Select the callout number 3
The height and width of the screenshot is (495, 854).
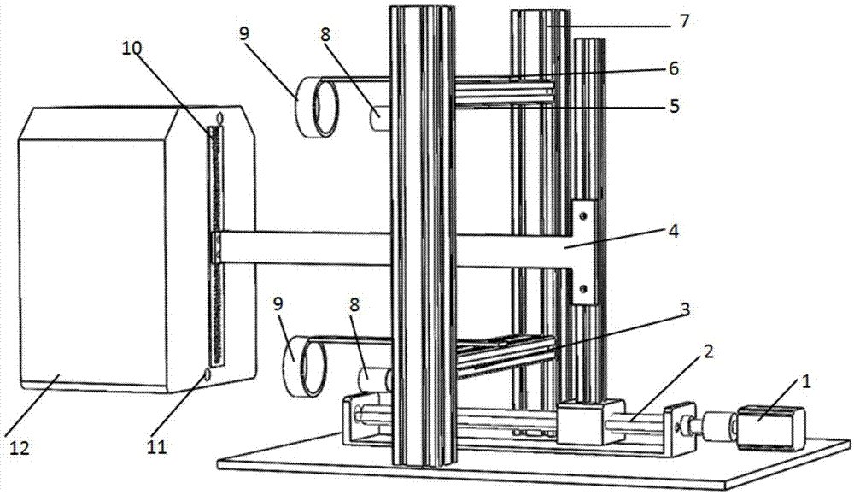pyautogui.click(x=685, y=309)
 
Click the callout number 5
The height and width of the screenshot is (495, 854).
pyautogui.click(x=675, y=105)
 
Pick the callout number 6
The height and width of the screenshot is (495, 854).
pyautogui.click(x=674, y=68)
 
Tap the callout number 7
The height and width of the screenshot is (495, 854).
pyautogui.click(x=685, y=21)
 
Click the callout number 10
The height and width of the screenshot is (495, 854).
pyautogui.click(x=132, y=48)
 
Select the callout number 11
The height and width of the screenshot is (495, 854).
pyautogui.click(x=157, y=447)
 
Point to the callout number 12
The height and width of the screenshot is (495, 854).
pyautogui.click(x=18, y=448)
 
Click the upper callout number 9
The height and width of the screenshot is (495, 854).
pyautogui.click(x=243, y=33)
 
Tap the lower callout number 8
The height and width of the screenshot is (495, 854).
pyautogui.click(x=354, y=304)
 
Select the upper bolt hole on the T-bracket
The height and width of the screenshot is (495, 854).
pyautogui.click(x=582, y=216)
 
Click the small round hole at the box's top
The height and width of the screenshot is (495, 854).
pyautogui.click(x=219, y=118)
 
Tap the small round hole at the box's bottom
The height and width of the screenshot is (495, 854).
pyautogui.click(x=207, y=374)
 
